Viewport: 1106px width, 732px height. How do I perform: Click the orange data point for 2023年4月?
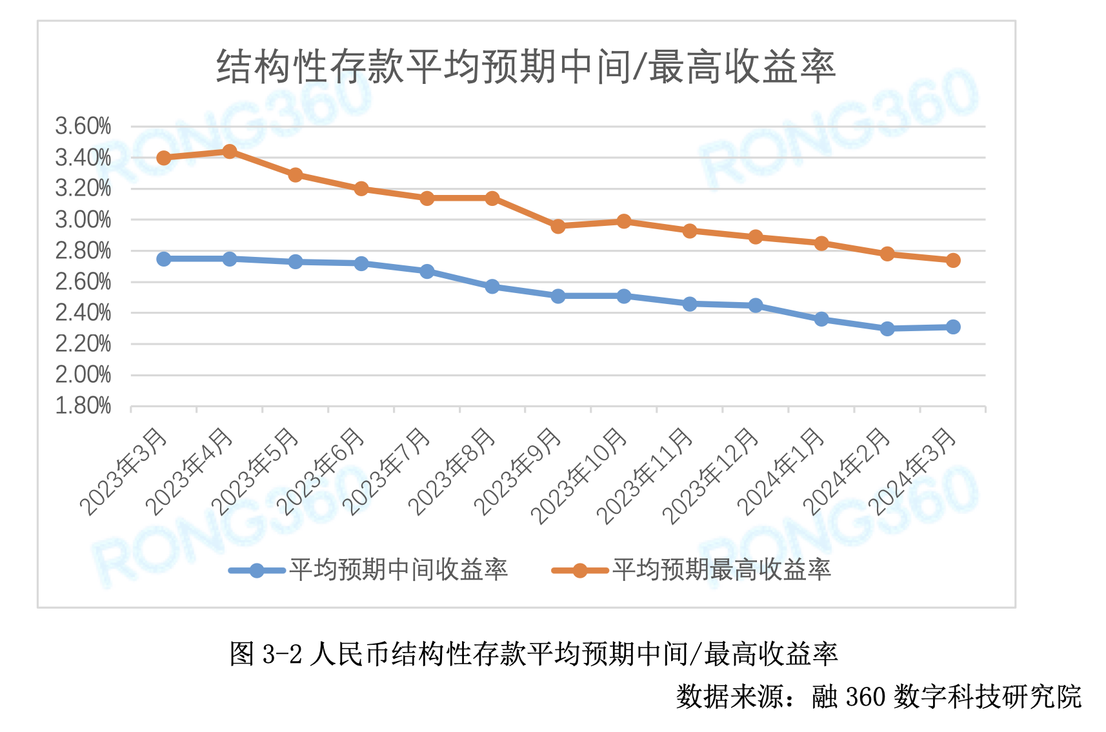point(230,152)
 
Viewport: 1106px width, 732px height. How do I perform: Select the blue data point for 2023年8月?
point(492,287)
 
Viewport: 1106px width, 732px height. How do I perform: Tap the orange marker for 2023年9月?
point(558,227)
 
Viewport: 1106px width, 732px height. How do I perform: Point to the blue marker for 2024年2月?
point(887,329)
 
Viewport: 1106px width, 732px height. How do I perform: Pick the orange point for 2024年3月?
point(953,261)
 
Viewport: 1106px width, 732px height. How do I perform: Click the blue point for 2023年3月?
point(164,259)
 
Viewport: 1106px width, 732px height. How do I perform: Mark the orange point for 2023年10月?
point(624,221)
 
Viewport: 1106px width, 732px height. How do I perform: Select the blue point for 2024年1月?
point(821,320)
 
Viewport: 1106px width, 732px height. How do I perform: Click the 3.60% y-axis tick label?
point(83,127)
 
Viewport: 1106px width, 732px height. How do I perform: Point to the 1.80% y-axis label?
point(83,406)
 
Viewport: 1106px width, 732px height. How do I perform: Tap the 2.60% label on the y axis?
point(83,282)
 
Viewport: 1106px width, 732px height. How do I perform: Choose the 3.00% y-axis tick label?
point(83,220)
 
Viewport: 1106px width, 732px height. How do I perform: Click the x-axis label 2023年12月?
point(710,476)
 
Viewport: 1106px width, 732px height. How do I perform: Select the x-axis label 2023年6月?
point(321,472)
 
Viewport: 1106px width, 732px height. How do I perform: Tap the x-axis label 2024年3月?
point(912,472)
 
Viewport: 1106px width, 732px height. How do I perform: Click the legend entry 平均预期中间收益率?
point(398,570)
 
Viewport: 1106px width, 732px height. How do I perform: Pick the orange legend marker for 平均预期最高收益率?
point(580,571)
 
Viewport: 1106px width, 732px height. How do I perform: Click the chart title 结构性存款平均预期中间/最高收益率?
point(526,66)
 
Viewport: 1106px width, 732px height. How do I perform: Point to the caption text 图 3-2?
point(265,655)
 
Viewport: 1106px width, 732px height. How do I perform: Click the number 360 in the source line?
point(865,697)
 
